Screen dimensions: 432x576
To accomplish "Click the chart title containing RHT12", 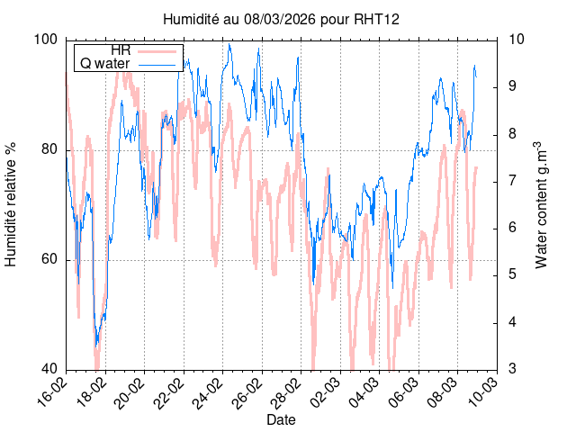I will (x=281, y=19).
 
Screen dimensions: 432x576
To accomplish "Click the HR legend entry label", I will (x=119, y=50).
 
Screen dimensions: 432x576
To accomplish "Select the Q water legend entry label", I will (x=106, y=64).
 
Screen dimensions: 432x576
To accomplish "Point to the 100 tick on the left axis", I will (x=46, y=40).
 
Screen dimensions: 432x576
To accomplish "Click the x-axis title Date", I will (x=281, y=420).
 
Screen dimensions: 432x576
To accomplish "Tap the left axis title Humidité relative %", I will (x=13, y=204).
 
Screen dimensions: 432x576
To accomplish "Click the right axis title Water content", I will (x=541, y=204).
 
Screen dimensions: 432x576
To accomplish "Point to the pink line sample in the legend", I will (x=157, y=50).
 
